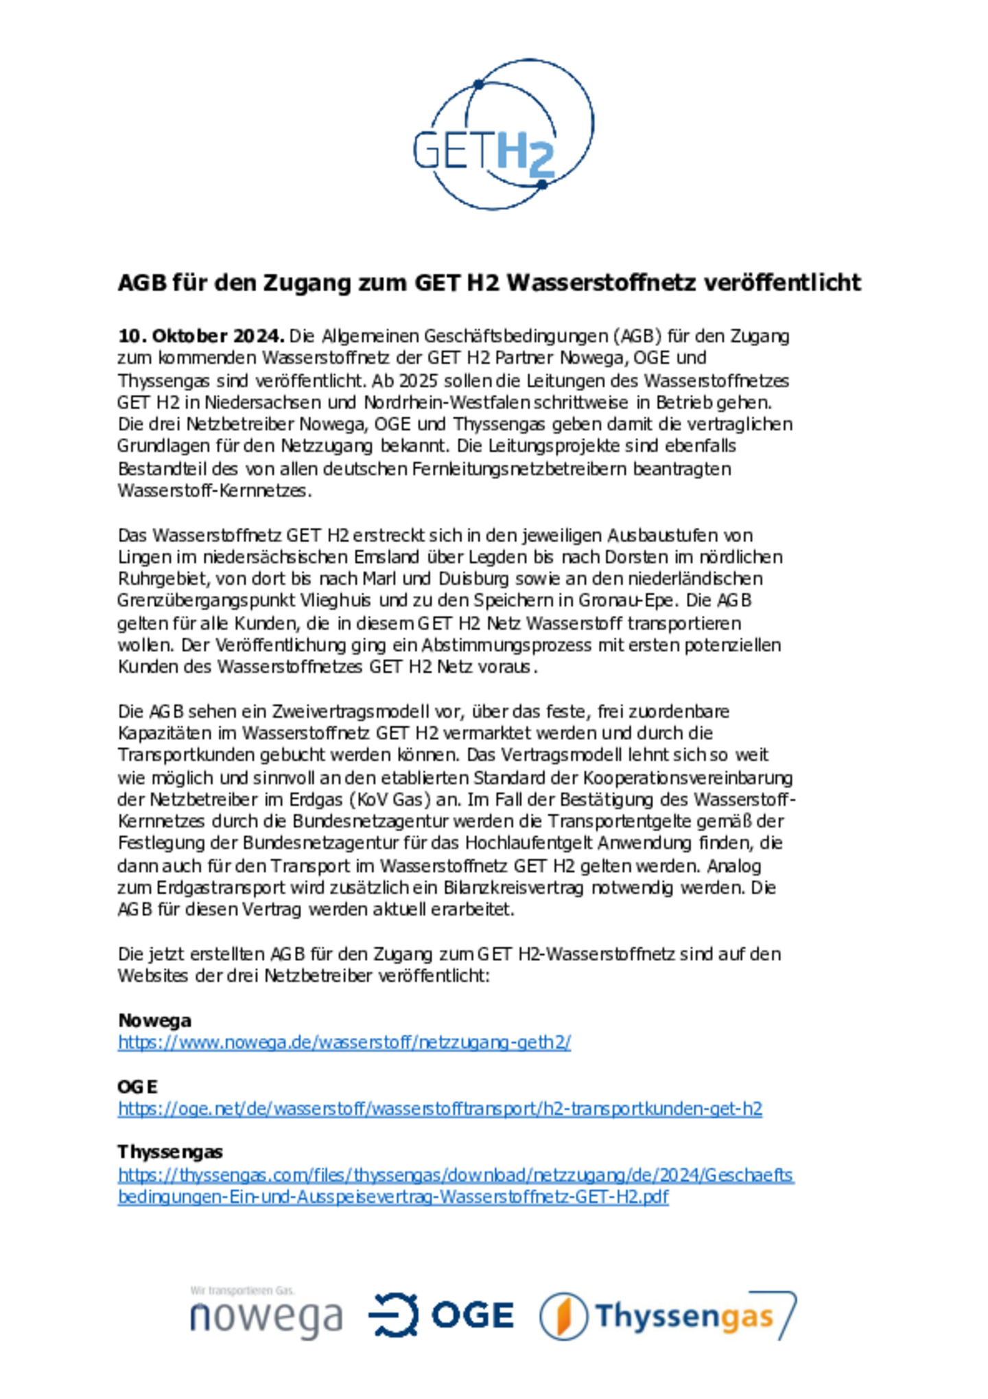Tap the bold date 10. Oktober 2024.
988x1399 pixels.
tap(200, 336)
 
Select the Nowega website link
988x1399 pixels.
tap(344, 1042)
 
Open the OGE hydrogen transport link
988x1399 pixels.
tap(440, 1109)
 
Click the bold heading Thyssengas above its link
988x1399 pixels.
tap(169, 1152)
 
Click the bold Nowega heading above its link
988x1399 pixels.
tap(154, 1020)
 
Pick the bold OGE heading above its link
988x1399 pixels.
tap(137, 1087)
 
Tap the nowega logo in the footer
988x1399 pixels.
tap(266, 1315)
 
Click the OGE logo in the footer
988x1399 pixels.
tap(441, 1315)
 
